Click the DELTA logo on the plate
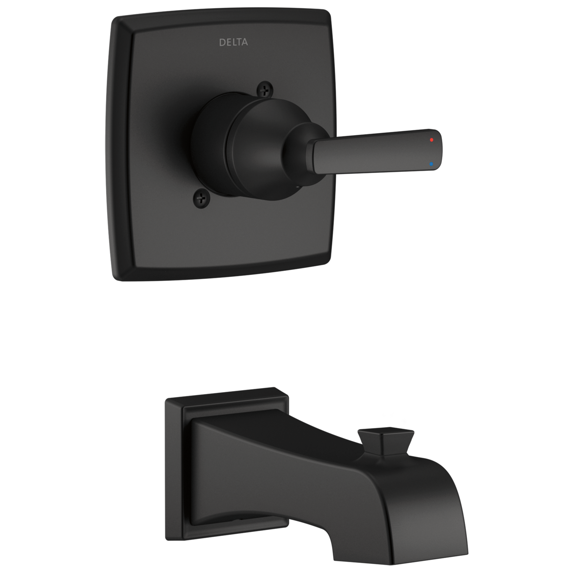point(233,42)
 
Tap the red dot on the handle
point(431,140)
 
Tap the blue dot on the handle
point(431,164)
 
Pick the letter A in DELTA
point(245,42)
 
